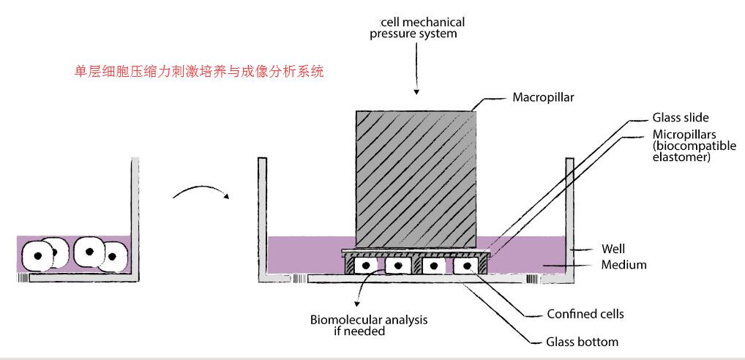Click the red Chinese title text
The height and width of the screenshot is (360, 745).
coord(200,72)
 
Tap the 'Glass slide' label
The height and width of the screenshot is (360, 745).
coord(680,117)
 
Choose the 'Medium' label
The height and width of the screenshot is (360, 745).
coord(624,265)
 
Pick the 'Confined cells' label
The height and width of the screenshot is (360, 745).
coord(585,315)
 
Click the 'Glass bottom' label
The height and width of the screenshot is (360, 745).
coord(583,342)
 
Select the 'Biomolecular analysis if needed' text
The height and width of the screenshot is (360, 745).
coord(369,326)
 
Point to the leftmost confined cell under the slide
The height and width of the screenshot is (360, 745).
coord(367,265)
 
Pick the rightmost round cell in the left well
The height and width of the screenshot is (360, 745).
coord(114,255)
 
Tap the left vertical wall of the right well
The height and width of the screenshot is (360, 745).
coord(261,220)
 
